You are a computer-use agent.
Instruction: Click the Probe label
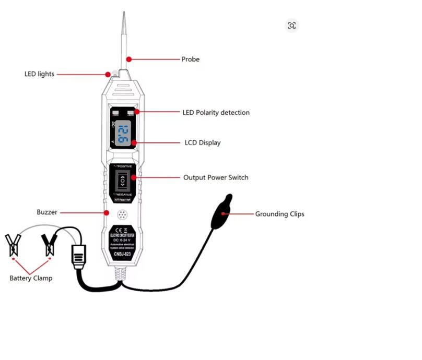[x=190, y=59]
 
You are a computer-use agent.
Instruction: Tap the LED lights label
[x=39, y=74]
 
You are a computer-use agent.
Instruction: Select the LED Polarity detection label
[x=216, y=112]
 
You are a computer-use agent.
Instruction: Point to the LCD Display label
[x=203, y=142]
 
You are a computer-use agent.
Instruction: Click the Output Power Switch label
[x=216, y=177]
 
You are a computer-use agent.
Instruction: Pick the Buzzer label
[x=47, y=212]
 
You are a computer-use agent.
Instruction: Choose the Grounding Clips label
[x=279, y=214]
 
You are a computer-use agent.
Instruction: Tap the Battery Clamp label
[x=31, y=278]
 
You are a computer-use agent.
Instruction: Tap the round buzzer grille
[x=122, y=215]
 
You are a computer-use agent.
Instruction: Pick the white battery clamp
[x=13, y=245]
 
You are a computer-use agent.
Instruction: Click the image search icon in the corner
[x=291, y=26]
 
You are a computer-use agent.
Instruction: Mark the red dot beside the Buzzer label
[x=107, y=212]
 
